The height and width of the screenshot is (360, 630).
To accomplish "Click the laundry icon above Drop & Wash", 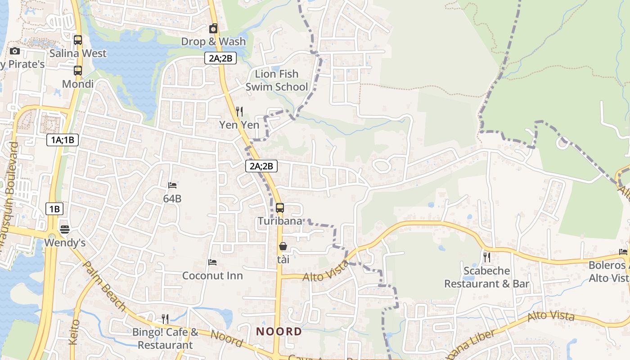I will (213, 29).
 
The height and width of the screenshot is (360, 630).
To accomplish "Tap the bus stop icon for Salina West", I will (78, 40).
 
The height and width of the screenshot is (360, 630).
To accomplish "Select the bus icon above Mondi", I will (78, 71).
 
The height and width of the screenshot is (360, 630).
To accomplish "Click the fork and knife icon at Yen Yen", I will (239, 111).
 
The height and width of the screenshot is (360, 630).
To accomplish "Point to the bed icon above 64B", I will (172, 185).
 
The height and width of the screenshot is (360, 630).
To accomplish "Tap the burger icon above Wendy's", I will (65, 229).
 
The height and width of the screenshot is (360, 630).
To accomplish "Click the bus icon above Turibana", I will (280, 208).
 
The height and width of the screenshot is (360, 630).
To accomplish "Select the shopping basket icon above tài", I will (283, 246).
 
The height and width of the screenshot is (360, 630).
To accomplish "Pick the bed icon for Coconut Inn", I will (212, 262).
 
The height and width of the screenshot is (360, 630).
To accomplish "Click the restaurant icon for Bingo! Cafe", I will (165, 319).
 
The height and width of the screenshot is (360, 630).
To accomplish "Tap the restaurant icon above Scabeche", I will (486, 257).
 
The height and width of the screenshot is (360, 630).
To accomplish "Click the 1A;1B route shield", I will (63, 140).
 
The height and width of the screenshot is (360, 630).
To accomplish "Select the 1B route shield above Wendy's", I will (54, 209).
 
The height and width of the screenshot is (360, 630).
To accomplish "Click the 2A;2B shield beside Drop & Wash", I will (220, 58).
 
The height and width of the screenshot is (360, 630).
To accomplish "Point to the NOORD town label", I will (279, 332).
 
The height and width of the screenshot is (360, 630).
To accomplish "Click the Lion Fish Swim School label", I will (277, 80).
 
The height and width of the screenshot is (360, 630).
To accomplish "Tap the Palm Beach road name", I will (105, 286).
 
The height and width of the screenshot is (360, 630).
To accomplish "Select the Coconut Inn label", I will (212, 275).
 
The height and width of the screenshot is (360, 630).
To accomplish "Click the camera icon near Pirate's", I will (14, 51).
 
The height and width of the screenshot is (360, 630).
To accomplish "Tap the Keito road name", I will (75, 332).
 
